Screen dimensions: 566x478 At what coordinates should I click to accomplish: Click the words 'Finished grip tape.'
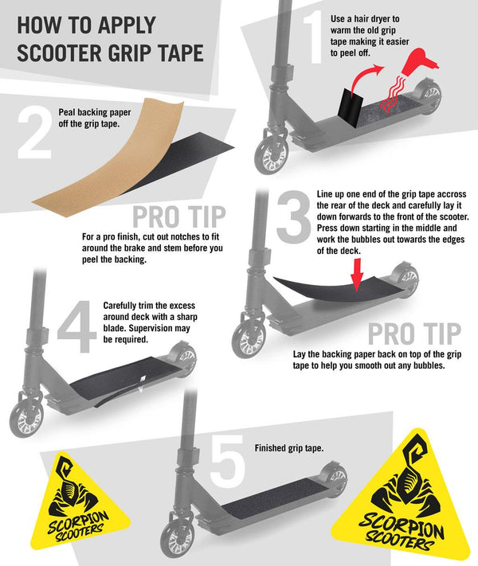tap(289, 448)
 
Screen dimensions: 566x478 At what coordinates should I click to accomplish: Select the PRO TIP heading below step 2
tap(179, 215)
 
